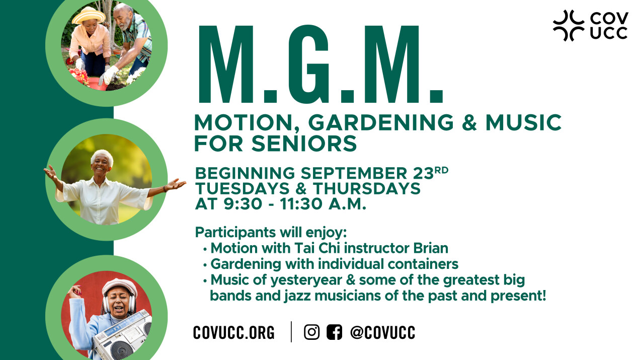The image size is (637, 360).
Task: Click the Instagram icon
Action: (311, 332)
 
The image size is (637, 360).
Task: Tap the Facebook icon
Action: (335, 332)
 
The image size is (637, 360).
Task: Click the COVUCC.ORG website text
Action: (234, 332)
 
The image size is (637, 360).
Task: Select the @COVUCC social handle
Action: (382, 332)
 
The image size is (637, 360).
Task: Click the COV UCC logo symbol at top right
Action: (569, 26)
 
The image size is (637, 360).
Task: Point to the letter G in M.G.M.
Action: (309, 64)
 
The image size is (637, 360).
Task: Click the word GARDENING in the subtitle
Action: (381, 123)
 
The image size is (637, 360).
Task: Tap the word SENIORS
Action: (304, 143)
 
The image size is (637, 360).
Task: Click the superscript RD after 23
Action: (441, 170)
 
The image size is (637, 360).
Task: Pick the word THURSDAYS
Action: (367, 188)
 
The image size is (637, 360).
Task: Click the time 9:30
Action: (243, 204)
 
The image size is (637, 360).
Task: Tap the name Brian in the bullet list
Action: (431, 248)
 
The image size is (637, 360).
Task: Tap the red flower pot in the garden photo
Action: (97, 84)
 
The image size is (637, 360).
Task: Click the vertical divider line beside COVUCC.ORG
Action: (291, 332)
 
